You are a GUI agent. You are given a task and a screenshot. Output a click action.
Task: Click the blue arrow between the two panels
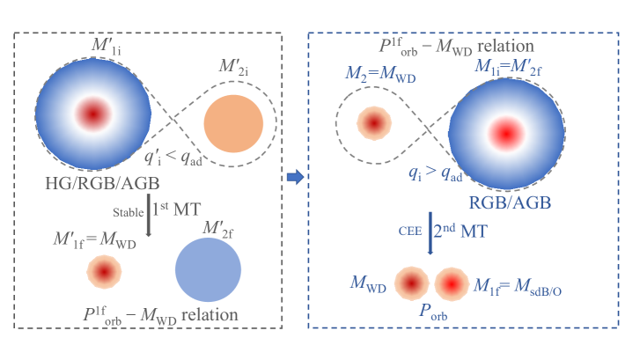point(296,178)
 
